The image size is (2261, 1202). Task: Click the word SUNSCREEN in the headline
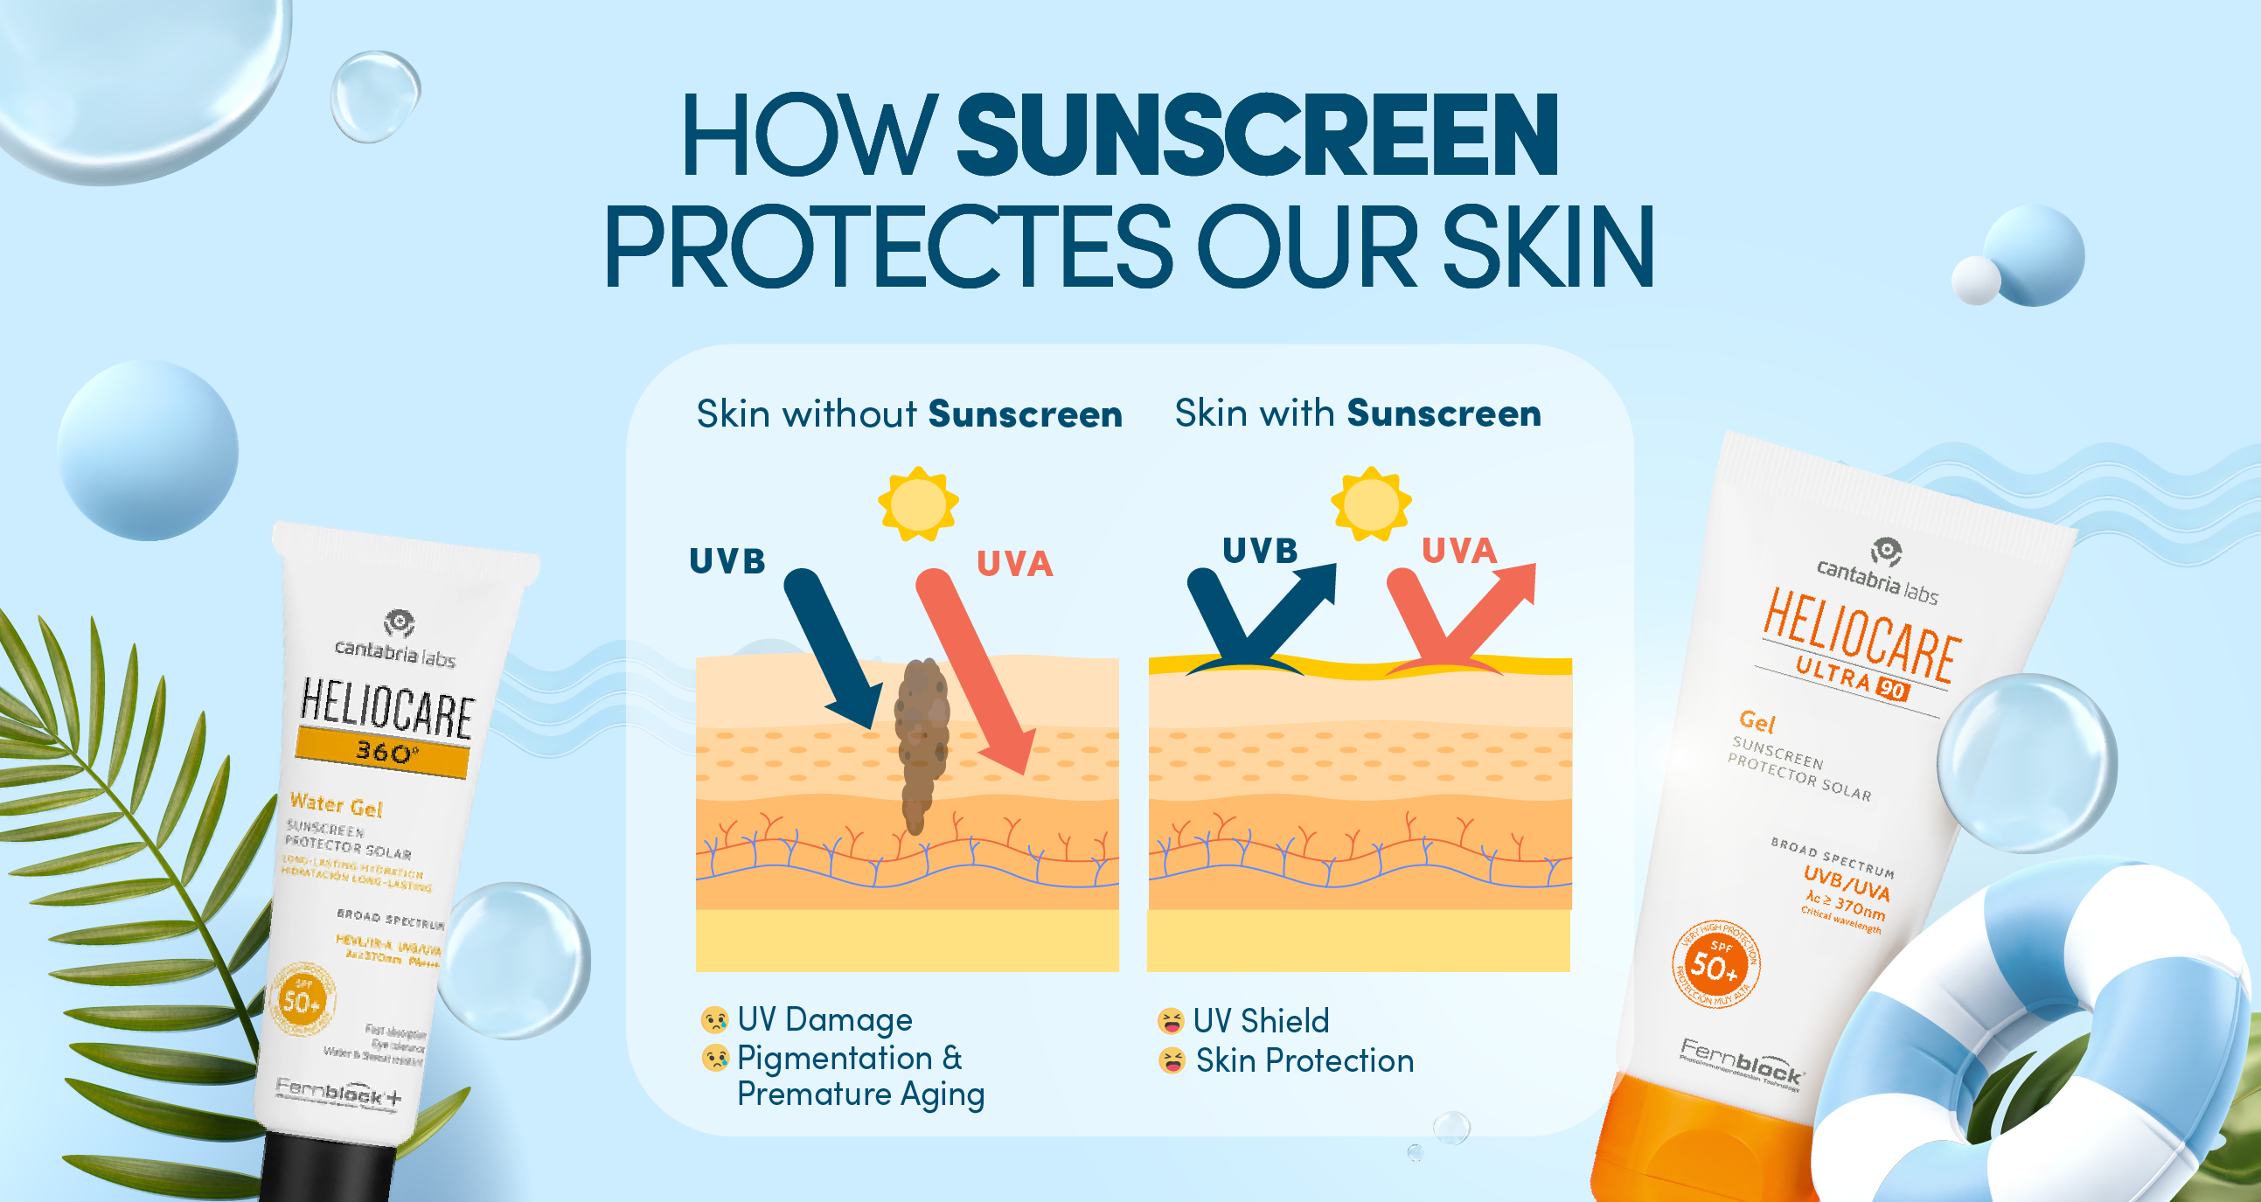[1257, 136]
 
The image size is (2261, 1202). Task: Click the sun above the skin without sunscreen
[918, 503]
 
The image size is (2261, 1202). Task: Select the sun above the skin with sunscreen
[1371, 503]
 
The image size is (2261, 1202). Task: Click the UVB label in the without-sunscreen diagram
[727, 560]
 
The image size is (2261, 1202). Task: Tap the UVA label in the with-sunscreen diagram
[1458, 550]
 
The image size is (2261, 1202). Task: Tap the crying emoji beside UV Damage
[714, 1019]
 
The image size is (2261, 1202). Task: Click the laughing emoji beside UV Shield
[1170, 1021]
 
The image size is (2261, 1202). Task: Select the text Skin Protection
[1304, 1060]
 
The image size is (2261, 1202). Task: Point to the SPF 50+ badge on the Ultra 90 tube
[1715, 964]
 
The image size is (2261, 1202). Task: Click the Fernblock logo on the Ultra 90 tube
[1742, 1061]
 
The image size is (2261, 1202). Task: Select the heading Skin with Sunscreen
[1358, 413]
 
